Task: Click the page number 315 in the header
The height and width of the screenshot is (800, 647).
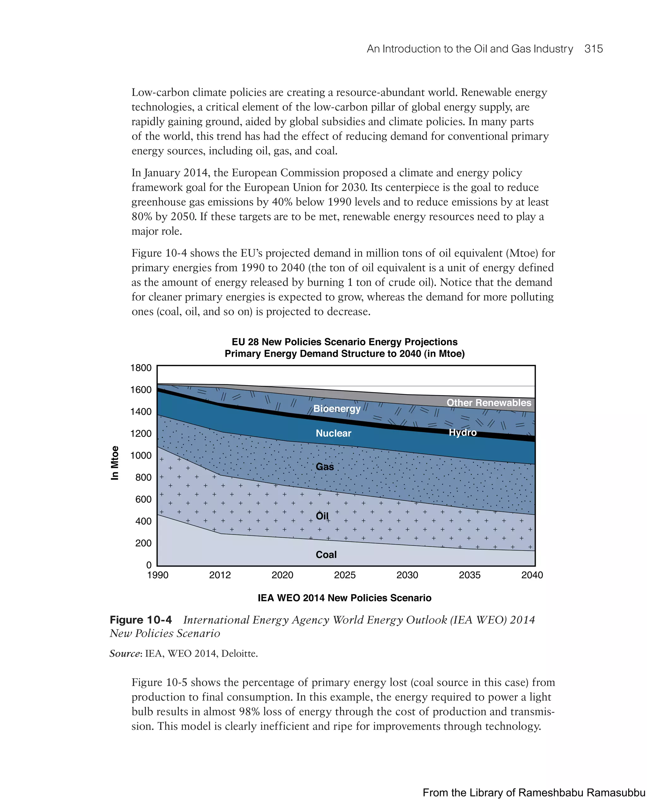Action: pos(593,49)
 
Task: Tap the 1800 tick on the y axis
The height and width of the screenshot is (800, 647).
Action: pos(141,368)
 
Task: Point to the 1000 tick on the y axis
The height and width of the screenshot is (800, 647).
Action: pos(141,456)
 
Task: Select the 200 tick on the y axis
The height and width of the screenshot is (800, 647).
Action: pos(143,543)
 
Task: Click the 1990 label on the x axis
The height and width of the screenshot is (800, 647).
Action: pos(158,576)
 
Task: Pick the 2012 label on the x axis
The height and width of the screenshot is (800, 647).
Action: pos(220,576)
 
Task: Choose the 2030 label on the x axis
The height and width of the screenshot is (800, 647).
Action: pos(407,576)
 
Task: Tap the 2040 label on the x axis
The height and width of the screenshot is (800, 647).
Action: pos(532,576)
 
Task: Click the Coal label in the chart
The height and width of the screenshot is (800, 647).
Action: pos(326,555)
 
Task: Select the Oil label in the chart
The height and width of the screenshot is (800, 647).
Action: pos(322,516)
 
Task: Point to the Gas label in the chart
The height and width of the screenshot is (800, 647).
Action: pos(325,467)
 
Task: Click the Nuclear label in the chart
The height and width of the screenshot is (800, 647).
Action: pos(333,433)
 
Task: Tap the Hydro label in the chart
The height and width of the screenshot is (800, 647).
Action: pos(463,433)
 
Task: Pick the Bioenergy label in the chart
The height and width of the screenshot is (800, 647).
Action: pos(337,409)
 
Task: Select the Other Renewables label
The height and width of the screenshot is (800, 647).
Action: pos(489,403)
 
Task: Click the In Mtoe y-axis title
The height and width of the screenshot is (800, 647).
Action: pos(115,463)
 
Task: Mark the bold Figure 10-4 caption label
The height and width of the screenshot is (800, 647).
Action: pos(141,620)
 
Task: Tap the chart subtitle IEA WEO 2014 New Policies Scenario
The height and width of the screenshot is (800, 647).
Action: pos(344,598)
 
